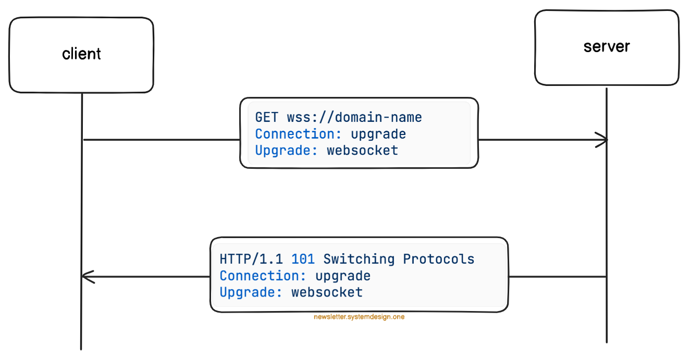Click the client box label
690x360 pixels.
(81, 54)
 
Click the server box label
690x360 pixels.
(607, 46)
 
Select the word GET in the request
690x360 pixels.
(267, 117)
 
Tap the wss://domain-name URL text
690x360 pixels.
(354, 117)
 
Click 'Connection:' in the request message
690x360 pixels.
(299, 134)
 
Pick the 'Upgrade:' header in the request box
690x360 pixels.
(287, 151)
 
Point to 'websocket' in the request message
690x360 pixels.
(362, 151)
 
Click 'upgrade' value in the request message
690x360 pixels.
(378, 134)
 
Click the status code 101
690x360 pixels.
(303, 259)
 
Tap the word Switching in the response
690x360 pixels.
(359, 259)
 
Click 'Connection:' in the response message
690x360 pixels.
(263, 276)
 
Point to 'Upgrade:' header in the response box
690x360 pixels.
(251, 292)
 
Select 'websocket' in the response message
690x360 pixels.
(327, 292)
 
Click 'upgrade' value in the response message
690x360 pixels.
(342, 276)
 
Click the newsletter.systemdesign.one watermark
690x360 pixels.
(359, 317)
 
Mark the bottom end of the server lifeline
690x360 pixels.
(607, 341)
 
